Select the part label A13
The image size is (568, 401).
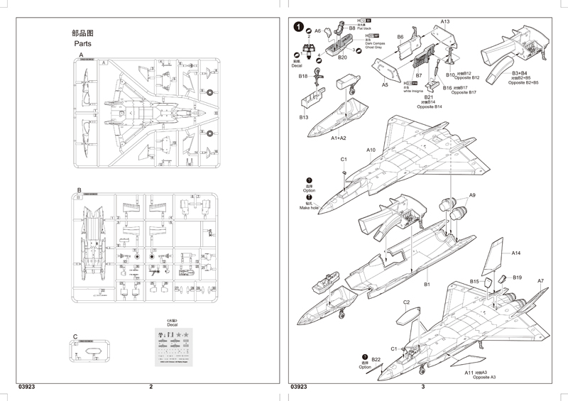[444, 22]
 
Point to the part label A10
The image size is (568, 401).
[371, 150]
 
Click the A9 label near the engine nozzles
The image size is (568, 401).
[472, 195]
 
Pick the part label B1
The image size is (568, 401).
[427, 285]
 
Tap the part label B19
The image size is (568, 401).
[517, 278]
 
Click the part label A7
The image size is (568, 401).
[540, 281]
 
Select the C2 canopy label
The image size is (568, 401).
[407, 302]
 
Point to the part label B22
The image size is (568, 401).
[376, 359]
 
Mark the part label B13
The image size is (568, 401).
[304, 117]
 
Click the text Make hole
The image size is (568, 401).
[309, 208]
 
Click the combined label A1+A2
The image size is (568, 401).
[339, 138]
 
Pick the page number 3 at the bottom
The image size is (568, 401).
[422, 387]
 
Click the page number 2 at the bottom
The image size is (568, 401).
[151, 387]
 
